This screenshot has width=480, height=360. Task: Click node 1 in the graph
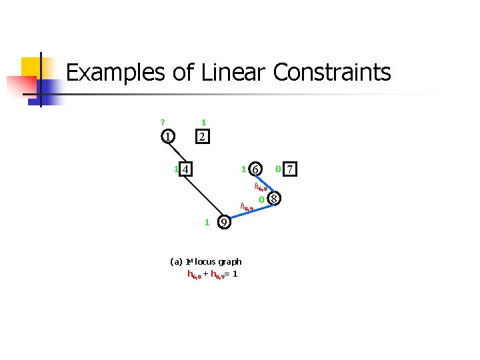pos(168,137)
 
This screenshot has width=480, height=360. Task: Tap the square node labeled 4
pos(187,169)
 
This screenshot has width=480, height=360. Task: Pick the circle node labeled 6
pos(255,169)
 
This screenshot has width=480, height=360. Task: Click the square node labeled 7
pos(289,169)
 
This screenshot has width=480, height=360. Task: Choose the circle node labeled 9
pos(225,222)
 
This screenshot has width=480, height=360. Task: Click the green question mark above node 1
pos(162,122)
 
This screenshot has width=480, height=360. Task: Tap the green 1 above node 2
pos(203,122)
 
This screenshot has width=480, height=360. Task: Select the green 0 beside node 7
pos(277,169)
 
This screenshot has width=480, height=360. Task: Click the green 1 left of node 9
pos(207,222)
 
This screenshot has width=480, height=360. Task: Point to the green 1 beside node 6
pos(243,169)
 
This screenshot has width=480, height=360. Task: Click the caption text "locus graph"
pos(218,262)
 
